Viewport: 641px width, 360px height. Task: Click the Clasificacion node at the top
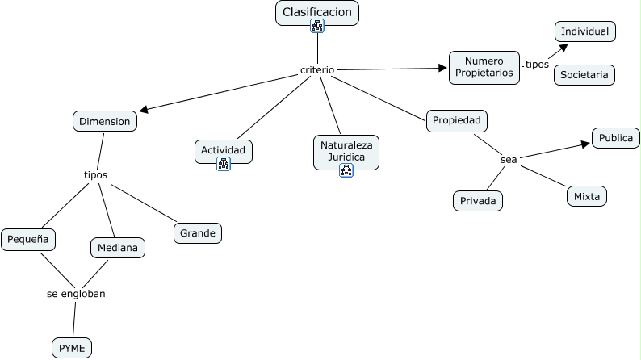pos(316,13)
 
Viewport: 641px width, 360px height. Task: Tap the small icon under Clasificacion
pos(317,27)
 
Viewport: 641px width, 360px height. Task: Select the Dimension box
pos(104,121)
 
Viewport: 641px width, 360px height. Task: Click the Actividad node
pos(224,150)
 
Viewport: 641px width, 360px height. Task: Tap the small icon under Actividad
pos(224,164)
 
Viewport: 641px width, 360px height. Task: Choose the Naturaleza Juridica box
pos(346,150)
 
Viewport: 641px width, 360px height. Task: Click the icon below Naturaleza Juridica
pos(346,170)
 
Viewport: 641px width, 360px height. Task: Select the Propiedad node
pos(457,120)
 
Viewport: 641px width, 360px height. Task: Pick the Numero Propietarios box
pos(484,67)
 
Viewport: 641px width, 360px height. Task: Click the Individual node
pos(585,31)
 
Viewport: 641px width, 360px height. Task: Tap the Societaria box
pos(584,75)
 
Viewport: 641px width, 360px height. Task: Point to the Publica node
pos(616,138)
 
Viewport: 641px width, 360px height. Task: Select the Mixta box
pos(586,196)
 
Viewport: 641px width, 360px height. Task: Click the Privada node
pos(478,200)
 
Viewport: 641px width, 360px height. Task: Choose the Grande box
pos(198,233)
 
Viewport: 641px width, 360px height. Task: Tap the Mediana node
pos(117,248)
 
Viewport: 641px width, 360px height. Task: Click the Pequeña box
pos(28,239)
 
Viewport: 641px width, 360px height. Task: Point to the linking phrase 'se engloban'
pos(76,294)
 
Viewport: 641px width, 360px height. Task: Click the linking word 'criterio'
pos(317,70)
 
